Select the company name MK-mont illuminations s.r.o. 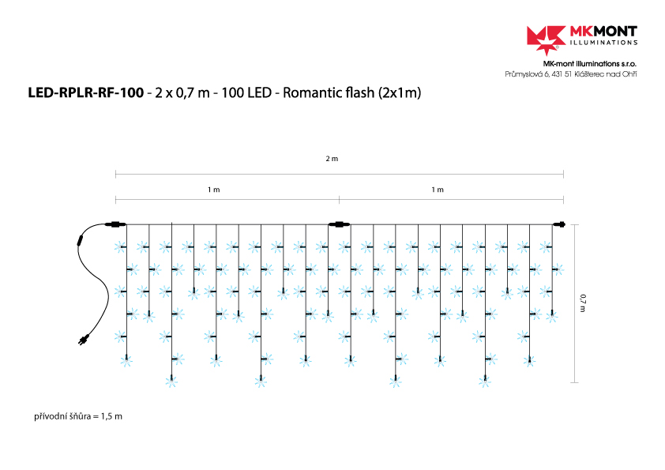(x=590, y=63)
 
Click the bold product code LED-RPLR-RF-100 (x=85, y=93)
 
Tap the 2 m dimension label (x=332, y=159)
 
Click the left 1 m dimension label (x=213, y=190)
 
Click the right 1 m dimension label (x=438, y=190)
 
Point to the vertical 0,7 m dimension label (x=583, y=303)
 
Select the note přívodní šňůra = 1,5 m (x=78, y=415)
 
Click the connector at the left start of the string (x=115, y=224)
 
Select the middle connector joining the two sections (x=339, y=224)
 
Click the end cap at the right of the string (x=560, y=224)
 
